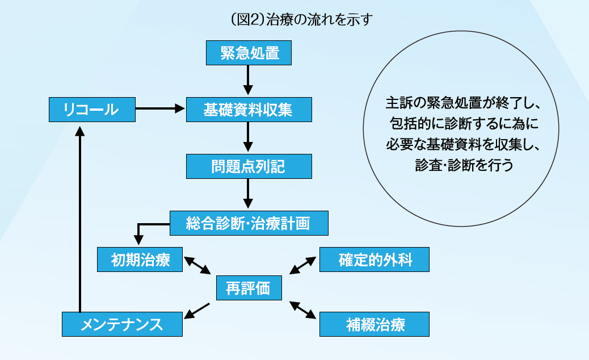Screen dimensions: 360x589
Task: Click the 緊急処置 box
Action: [x=248, y=53]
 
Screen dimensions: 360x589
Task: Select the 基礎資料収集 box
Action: [x=248, y=110]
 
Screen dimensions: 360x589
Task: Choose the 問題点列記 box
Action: [x=248, y=166]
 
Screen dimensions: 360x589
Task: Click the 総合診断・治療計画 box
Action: [x=249, y=223]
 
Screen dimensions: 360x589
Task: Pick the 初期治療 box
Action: [x=140, y=260]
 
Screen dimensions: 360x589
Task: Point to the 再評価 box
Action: [x=248, y=288]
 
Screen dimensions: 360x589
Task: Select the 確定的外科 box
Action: [x=375, y=260]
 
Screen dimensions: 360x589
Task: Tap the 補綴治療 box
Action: [x=375, y=324]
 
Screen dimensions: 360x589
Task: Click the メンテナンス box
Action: [x=123, y=324]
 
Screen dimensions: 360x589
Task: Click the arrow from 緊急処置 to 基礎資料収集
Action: [x=248, y=80]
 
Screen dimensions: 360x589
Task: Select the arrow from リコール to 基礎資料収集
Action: [x=161, y=107]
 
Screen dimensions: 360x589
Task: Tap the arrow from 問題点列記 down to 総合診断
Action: [x=248, y=194]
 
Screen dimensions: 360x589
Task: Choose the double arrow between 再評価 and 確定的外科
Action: [x=303, y=265]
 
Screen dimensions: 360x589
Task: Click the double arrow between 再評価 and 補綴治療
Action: [x=303, y=309]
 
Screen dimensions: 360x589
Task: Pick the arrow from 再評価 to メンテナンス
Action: [x=197, y=310]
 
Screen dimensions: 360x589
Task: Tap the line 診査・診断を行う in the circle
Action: [x=464, y=165]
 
